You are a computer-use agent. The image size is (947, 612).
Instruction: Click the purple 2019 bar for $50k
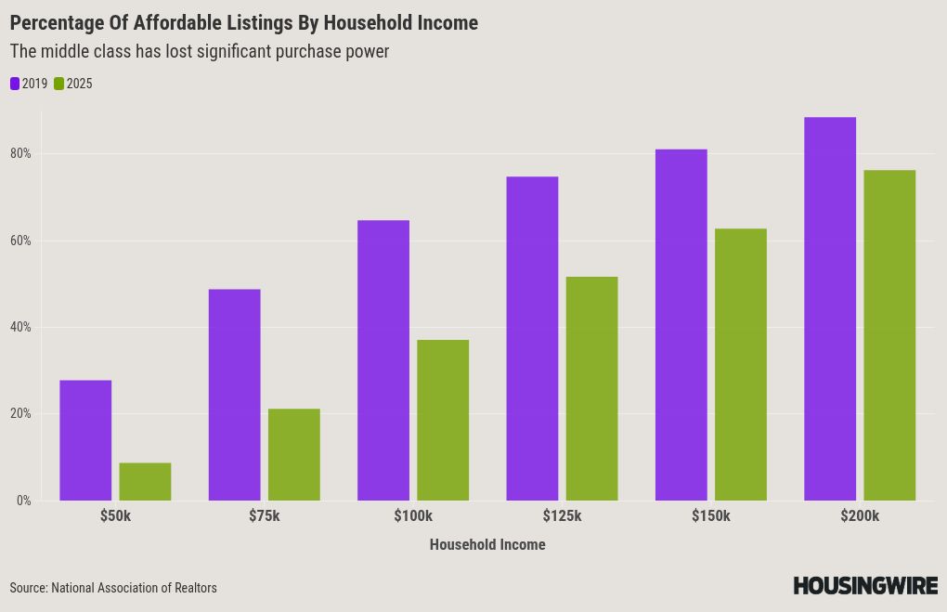click(85, 440)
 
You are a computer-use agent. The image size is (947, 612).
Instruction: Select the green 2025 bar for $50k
click(145, 481)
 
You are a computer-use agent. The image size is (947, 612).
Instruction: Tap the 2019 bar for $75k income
click(234, 395)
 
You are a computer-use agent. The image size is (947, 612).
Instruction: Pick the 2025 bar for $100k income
click(443, 420)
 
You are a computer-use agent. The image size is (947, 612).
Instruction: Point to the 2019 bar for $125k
click(532, 338)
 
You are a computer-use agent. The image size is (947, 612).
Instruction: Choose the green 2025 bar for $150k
click(741, 364)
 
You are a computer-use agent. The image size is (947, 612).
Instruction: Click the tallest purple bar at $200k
click(830, 308)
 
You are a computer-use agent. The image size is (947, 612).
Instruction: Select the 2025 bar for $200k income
click(889, 335)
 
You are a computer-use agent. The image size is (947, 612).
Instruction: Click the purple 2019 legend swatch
click(15, 84)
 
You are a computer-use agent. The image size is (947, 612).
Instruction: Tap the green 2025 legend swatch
click(58, 84)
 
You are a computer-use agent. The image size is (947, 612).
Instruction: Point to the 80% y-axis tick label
click(20, 153)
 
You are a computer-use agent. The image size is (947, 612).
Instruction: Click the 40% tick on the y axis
click(20, 327)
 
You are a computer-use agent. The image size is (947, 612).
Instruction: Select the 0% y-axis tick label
click(23, 501)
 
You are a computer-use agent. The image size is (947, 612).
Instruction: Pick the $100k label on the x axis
click(413, 516)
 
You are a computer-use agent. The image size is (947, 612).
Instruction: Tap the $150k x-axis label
click(711, 516)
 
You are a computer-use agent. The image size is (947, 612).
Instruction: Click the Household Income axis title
click(487, 544)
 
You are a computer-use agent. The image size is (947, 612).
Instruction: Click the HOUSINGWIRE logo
click(865, 585)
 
